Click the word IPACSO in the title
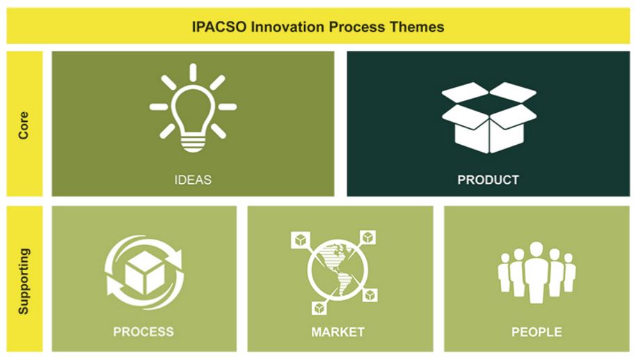coord(219,27)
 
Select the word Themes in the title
coord(417,27)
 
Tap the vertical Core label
coord(24,125)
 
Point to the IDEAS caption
coord(193,180)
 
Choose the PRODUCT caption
coord(488,180)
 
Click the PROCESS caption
coord(143,331)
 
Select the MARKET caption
coord(338,331)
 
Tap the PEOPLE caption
coord(537,331)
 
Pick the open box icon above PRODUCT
coord(489,118)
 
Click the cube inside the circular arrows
coord(145,273)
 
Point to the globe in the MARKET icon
coord(338,269)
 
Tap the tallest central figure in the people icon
coord(537,272)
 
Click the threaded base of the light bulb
coord(193,143)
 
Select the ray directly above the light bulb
coord(193,72)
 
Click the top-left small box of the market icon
coord(301,240)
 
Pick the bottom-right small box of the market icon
coord(370,295)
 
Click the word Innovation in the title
coord(288,27)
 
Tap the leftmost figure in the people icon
coord(505,272)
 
